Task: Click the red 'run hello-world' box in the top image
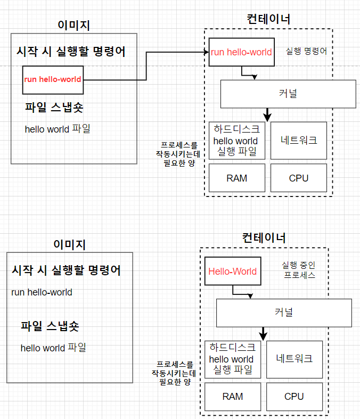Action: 53,80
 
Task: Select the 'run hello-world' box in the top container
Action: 241,52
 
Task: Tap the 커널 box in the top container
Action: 288,94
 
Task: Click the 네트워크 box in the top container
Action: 299,141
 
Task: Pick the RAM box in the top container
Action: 236,178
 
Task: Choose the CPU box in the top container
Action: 299,178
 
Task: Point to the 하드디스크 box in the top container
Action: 236,141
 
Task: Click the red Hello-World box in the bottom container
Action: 232,271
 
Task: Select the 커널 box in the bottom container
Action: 284,313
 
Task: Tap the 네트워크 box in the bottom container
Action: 294,359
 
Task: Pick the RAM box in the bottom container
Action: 232,396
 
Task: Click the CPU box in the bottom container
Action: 294,396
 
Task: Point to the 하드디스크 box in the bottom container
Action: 232,359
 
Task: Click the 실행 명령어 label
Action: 306,52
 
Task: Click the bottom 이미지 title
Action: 69,244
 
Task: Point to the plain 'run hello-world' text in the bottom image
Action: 42,292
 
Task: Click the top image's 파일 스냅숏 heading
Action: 54,108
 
